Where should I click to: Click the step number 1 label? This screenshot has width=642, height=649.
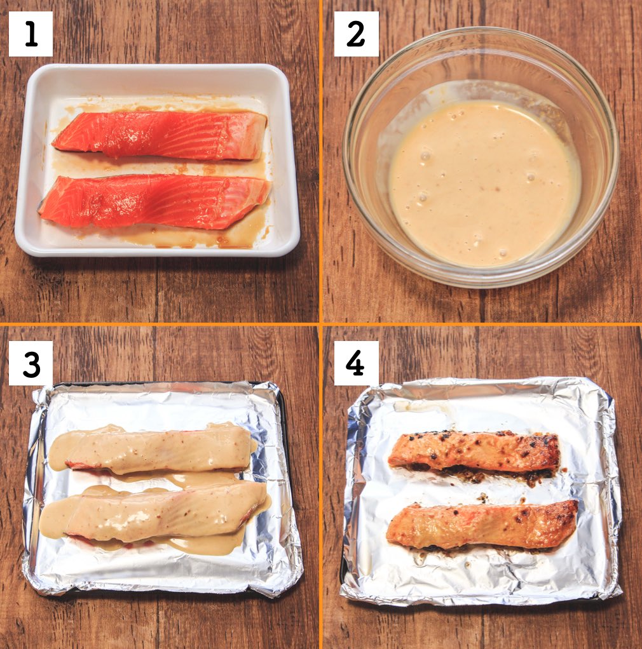(x=31, y=34)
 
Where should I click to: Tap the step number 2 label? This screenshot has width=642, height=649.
(x=356, y=34)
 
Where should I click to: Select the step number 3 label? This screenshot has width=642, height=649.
(x=31, y=363)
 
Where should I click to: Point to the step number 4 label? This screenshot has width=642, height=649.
(x=356, y=363)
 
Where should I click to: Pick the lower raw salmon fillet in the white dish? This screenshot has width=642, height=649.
(x=154, y=201)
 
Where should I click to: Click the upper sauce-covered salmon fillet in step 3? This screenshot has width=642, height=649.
(x=153, y=449)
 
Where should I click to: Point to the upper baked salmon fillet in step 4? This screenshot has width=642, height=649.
(x=475, y=451)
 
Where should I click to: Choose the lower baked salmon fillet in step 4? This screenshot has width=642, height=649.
(x=482, y=525)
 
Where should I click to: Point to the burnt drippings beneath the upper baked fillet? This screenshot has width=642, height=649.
(x=489, y=474)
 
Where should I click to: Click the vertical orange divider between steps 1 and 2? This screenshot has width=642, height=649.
(x=320, y=161)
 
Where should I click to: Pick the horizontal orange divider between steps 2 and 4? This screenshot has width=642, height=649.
(x=482, y=324)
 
